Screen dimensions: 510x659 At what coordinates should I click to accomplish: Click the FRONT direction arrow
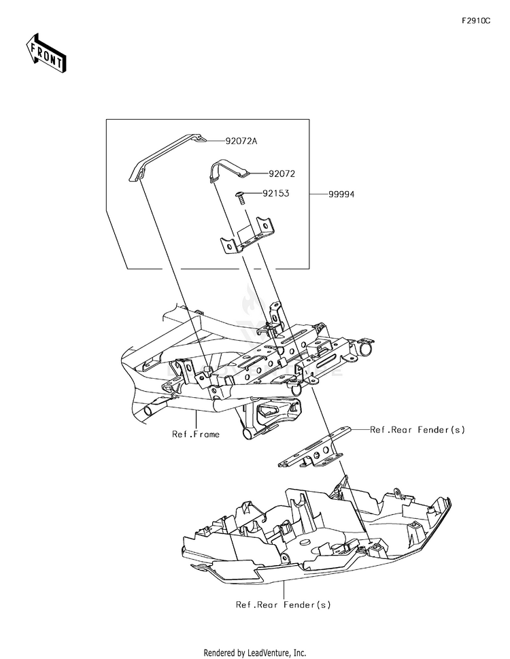coord(46,53)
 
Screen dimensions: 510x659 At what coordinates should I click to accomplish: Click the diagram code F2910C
coord(476,21)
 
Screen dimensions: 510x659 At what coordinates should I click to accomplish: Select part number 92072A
coord(241,141)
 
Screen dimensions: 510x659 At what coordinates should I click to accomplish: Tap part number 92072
coord(282,173)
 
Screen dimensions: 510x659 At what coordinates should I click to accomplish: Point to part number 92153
coord(276,193)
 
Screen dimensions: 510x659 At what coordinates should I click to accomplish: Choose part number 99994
coord(341,195)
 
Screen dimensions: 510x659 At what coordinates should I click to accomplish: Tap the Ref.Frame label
coord(196,434)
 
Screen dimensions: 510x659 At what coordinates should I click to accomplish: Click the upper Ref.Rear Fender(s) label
coord(418,430)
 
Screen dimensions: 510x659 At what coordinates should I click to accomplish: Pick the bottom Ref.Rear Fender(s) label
coord(283,605)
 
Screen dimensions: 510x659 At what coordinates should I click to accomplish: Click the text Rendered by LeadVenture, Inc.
coord(255,653)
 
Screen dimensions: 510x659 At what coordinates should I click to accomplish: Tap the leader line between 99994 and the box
coord(318,195)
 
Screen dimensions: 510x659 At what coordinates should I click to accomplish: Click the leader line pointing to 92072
coord(259,173)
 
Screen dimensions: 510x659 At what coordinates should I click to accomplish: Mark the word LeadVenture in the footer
coord(268,653)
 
